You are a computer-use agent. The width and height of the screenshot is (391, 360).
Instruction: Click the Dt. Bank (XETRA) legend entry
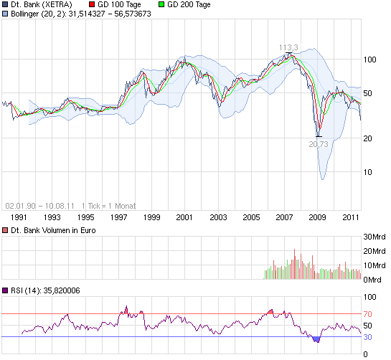pyautogui.click(x=41, y=4)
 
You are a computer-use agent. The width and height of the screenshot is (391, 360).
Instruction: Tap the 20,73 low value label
pyautogui.click(x=319, y=144)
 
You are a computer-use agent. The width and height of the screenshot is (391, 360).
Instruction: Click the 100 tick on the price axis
pyautogui.click(x=371, y=60)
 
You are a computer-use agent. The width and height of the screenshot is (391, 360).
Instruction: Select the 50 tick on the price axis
pyautogui.click(x=371, y=93)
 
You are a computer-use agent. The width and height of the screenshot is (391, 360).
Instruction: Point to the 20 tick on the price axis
pyautogui.click(x=371, y=138)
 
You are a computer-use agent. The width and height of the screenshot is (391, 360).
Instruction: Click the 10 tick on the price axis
pyautogui.click(x=371, y=172)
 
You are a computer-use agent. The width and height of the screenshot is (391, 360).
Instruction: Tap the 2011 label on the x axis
pyautogui.click(x=351, y=217)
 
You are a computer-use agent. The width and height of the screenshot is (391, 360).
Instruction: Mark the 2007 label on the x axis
pyautogui.click(x=284, y=217)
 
